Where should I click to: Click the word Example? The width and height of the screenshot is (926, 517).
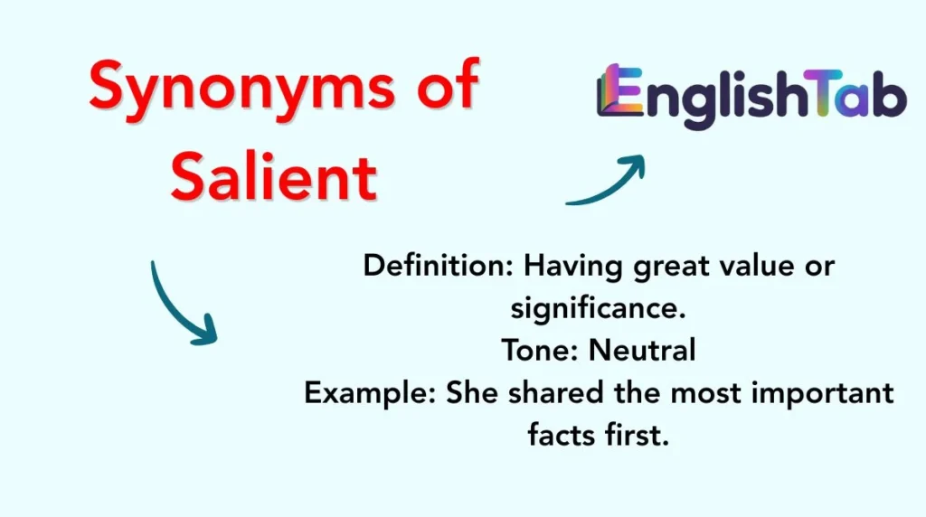[x=371, y=394]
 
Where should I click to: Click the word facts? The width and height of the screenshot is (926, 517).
[x=565, y=436]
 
